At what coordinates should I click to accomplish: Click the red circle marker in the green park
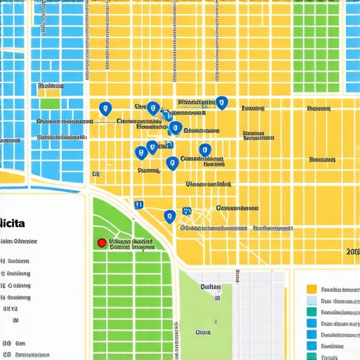(101, 243)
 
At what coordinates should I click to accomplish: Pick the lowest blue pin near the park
(169, 216)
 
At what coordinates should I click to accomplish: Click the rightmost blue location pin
(221, 103)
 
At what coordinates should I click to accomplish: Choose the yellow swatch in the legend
(312, 289)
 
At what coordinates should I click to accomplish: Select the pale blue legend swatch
(312, 301)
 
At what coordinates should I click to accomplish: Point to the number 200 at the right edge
(352, 252)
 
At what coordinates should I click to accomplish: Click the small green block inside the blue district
(50, 103)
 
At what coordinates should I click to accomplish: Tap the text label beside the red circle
(131, 243)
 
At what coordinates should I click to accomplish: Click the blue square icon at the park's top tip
(139, 205)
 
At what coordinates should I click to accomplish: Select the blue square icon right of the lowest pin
(186, 211)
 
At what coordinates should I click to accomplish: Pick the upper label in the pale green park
(210, 287)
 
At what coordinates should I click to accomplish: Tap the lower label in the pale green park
(204, 331)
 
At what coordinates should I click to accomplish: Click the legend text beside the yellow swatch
(340, 289)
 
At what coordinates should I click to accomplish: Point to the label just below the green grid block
(319, 109)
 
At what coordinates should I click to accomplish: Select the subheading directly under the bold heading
(19, 241)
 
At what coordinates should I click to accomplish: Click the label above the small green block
(50, 86)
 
